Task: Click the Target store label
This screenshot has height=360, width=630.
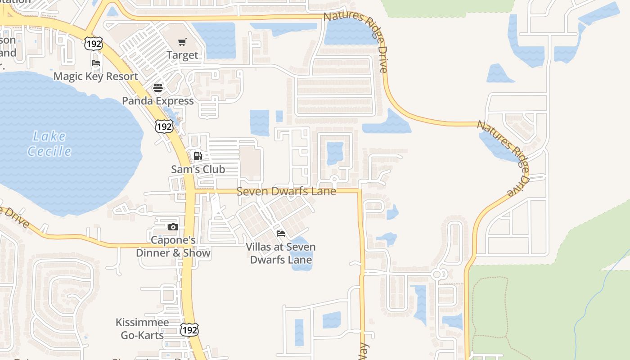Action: pos(182,55)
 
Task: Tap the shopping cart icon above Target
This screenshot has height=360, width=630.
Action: pos(182,42)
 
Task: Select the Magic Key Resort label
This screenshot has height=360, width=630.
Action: pos(96,76)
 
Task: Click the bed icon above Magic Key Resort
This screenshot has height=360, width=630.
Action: pos(96,63)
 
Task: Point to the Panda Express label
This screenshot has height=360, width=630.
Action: pos(158,100)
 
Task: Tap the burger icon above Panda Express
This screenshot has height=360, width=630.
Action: pos(158,87)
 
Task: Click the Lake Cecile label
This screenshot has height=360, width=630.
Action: pos(49,144)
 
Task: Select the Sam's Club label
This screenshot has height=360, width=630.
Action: pos(198,169)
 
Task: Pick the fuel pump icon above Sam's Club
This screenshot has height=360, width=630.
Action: pos(198,156)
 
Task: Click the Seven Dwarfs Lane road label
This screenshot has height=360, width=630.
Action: pos(286,191)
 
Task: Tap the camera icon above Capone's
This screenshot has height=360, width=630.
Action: pos(173,227)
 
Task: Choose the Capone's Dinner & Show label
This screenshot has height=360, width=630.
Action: pos(173,247)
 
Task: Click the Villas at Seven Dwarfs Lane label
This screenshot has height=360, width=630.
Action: pos(281,253)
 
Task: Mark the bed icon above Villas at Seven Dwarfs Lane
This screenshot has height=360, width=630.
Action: pos(281,233)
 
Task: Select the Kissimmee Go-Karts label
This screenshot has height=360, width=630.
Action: pos(142,328)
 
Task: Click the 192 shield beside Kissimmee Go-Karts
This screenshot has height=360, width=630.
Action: pos(189,330)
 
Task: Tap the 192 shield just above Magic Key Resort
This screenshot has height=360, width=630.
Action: pos(93,44)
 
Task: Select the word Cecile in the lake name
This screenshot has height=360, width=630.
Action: pos(49,151)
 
